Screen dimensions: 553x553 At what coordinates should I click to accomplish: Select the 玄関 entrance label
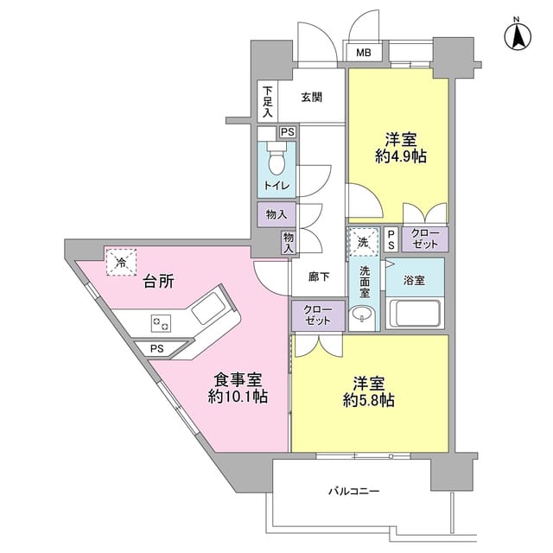(x=312, y=98)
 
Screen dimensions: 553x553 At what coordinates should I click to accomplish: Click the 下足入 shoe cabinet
(x=268, y=101)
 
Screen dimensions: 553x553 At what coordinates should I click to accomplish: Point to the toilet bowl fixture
(x=277, y=162)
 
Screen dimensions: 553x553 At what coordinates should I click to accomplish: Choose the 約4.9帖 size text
(x=399, y=156)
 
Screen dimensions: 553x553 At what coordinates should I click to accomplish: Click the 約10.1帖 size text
(x=237, y=397)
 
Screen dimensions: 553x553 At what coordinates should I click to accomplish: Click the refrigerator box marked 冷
(x=120, y=262)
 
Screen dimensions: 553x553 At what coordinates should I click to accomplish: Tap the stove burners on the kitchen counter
(x=162, y=324)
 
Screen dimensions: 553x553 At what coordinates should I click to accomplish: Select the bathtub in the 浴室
(x=416, y=314)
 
